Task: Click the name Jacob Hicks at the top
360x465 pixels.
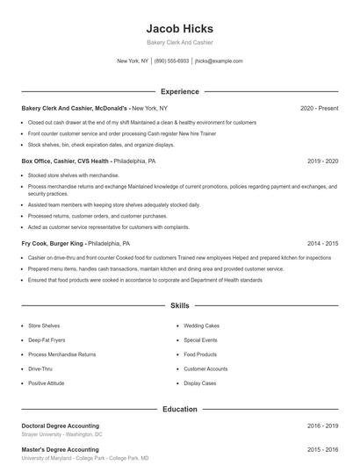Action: pos(179,29)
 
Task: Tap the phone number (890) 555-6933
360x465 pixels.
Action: pos(171,61)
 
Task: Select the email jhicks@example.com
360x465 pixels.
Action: pos(219,61)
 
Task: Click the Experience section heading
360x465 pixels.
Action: pos(179,91)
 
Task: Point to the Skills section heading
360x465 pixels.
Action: pos(179,306)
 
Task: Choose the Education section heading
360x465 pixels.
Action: pos(179,409)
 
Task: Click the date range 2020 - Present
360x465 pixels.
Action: pos(319,108)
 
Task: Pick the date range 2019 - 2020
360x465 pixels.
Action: pos(322,161)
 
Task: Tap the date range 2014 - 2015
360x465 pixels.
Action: pos(322,243)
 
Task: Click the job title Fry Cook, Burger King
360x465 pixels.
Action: pos(52,243)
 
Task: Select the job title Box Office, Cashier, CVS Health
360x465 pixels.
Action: pos(65,161)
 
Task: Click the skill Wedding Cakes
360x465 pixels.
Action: pos(200,325)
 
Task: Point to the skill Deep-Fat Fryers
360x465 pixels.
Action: pos(47,340)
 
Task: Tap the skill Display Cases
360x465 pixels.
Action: pos(199,383)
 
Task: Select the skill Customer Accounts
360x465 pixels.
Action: pos(205,368)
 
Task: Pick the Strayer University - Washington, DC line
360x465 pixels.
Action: pos(61,434)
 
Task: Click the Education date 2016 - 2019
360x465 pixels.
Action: pos(322,426)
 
